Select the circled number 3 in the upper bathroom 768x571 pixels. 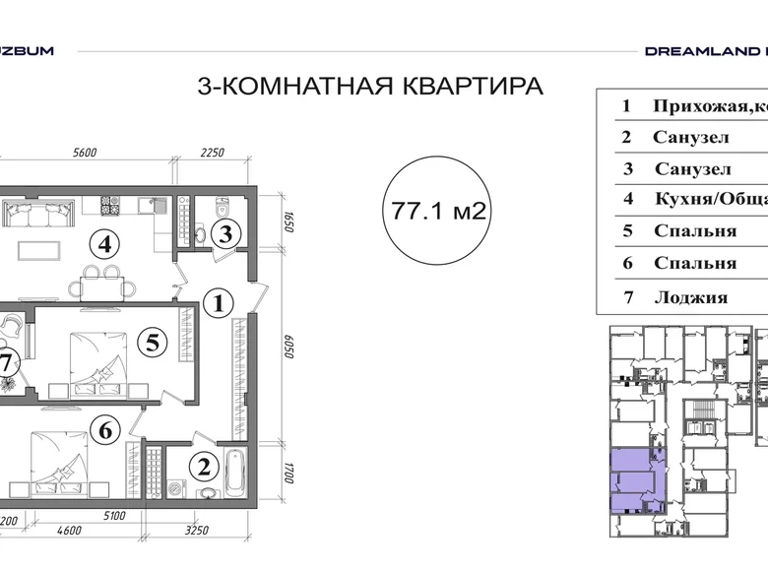(x=225, y=234)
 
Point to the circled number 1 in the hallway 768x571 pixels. (x=220, y=303)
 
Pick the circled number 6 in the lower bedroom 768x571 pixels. (x=108, y=428)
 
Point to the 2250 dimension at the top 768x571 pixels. (x=214, y=152)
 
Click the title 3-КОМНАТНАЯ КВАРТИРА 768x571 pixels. (x=370, y=87)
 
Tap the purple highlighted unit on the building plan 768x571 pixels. (x=635, y=479)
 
